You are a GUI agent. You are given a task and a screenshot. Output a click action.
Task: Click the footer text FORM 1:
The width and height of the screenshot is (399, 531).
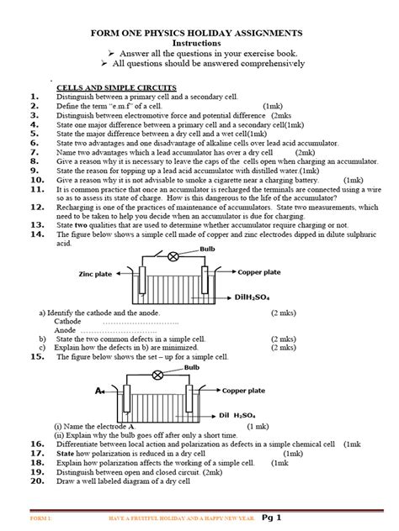click(x=40, y=519)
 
